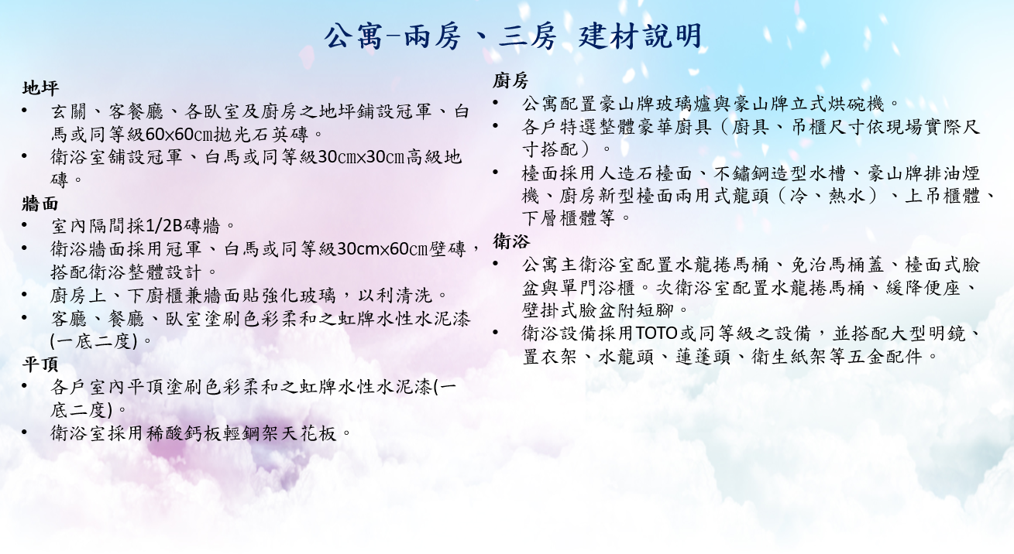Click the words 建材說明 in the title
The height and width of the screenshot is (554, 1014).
[640, 36]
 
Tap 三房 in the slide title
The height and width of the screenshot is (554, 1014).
[528, 36]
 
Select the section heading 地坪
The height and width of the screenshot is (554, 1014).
[40, 87]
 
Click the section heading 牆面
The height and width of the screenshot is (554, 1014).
[40, 203]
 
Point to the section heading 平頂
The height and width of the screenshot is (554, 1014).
[40, 364]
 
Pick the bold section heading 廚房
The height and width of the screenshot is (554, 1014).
[510, 81]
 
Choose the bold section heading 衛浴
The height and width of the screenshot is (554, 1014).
[510, 241]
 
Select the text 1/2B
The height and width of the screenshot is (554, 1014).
[164, 226]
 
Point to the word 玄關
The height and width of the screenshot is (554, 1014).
[69, 111]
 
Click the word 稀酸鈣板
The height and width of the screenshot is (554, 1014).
[184, 433]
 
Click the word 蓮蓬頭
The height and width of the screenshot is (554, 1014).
[703, 357]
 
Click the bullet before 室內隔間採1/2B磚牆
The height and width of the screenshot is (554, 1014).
[25, 224]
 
